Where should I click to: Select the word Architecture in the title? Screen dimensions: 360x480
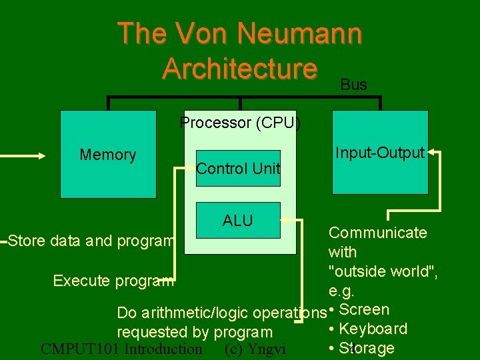(x=239, y=68)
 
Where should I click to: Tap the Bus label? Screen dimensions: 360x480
(x=353, y=85)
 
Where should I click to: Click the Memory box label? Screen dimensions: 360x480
(x=108, y=155)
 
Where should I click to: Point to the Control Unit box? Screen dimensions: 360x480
(x=238, y=169)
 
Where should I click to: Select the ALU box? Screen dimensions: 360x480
(x=238, y=221)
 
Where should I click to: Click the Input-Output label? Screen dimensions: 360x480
(x=380, y=153)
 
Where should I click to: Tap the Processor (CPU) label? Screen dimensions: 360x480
(x=240, y=123)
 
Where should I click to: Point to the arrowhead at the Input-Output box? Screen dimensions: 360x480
(x=432, y=153)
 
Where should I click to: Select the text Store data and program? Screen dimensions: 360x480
(x=92, y=241)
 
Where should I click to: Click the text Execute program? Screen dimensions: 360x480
(x=113, y=281)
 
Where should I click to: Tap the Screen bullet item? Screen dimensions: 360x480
(x=364, y=309)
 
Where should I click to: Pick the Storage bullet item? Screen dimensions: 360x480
(x=367, y=348)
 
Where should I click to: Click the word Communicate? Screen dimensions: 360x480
(x=378, y=233)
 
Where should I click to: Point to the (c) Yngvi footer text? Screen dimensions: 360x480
(x=255, y=349)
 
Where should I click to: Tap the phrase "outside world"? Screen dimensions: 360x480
(x=382, y=271)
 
